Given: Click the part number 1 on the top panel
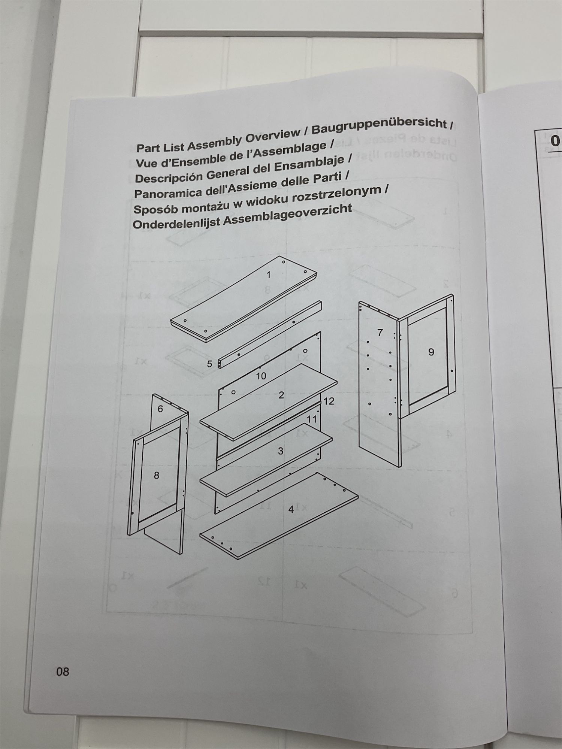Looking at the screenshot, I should pos(268,275).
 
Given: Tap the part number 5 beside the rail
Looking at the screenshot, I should pos(210,364).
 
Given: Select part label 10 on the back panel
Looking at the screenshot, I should pos(261,376).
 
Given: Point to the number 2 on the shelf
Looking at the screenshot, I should pos(281,395).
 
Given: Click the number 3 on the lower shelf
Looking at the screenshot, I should pos(281,451).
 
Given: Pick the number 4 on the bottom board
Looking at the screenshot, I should pos(291,510).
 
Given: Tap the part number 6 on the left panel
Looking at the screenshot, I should pos(160,409).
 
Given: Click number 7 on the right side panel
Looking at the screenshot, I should pos(380,332).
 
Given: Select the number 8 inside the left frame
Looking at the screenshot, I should pos(157,475).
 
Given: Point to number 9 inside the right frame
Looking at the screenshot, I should pos(431,352).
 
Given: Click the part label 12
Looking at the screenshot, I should pos(329,401).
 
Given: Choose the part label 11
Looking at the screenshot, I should pos(312,419).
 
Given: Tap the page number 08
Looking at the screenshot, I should pos(63,671).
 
